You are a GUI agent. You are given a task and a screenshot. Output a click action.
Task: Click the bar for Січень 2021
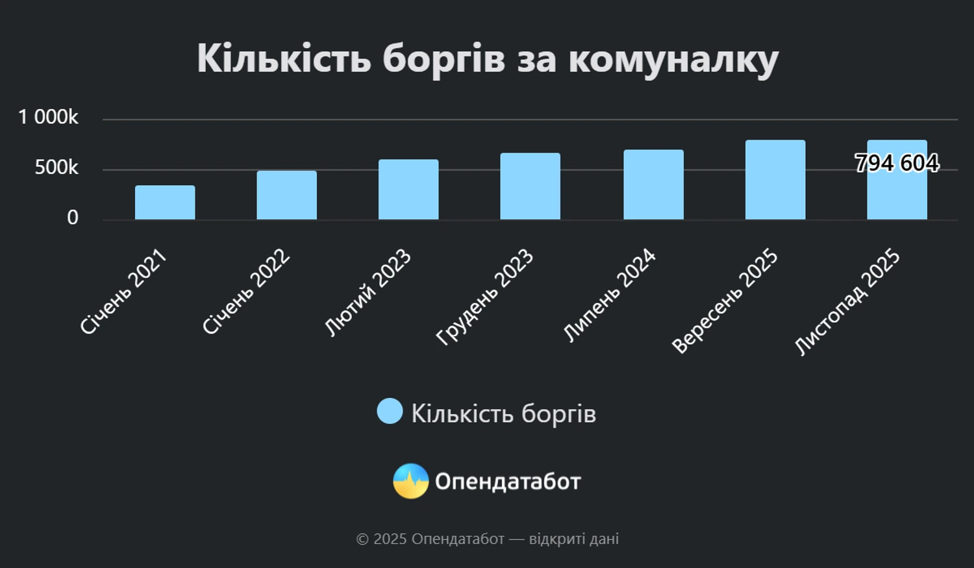coord(165,203)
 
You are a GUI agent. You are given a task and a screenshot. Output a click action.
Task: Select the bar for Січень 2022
coord(286,195)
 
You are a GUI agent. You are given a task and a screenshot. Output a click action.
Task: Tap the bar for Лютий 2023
coord(408,190)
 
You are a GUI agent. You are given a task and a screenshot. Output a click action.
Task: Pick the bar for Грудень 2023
coord(530,186)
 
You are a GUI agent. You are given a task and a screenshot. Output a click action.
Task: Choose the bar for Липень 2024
coord(653,185)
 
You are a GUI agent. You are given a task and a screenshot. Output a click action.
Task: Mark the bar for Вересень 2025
coord(775,180)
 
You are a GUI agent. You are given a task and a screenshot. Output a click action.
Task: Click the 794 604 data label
coord(897,163)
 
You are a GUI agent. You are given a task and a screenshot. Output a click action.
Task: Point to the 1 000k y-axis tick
coord(48,117)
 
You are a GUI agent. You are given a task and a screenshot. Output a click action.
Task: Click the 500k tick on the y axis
coord(56,167)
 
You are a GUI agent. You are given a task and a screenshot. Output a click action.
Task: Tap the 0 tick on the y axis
coord(73,217)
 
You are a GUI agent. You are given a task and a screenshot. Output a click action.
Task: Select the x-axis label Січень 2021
coord(123,291)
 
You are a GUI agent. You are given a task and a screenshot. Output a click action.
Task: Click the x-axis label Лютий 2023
coord(368,292)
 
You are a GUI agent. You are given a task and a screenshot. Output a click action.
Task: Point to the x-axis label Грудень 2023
coord(485,296)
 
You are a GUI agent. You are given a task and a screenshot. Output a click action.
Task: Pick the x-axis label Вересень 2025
coord(725,301)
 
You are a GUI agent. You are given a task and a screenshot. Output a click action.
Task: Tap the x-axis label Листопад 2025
coord(847,301)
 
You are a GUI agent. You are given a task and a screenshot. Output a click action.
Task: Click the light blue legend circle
coord(390,412)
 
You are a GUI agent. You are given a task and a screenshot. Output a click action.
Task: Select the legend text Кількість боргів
coord(503,414)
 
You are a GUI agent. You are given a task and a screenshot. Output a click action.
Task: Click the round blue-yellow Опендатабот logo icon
coord(410,481)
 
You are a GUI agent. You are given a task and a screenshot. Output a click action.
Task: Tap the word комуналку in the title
coord(673,60)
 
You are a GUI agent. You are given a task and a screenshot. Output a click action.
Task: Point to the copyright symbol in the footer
coord(362,539)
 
